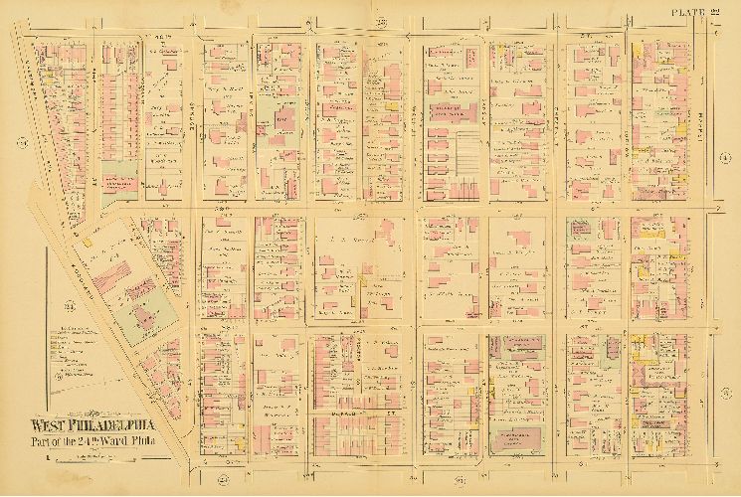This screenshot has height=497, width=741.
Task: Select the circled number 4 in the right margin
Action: click(723, 156)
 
